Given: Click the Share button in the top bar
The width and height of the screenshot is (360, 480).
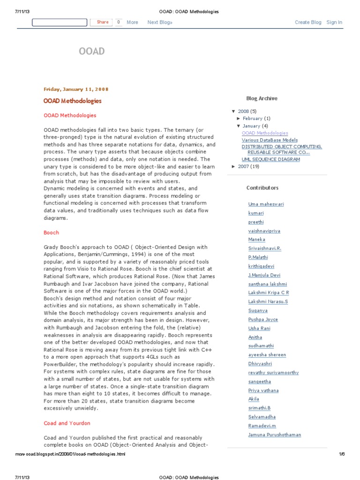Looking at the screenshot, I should tap(102, 22).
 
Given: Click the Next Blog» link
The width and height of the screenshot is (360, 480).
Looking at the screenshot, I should tap(160, 22).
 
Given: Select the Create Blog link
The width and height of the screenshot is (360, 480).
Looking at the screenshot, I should tap(308, 22).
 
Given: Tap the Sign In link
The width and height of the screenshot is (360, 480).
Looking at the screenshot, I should tap(334, 22).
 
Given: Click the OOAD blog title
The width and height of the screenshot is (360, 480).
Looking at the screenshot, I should tap(91, 52).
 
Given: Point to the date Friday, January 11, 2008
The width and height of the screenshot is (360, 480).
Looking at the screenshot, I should tap(76, 89).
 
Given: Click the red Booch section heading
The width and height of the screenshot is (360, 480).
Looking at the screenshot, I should tap(52, 232).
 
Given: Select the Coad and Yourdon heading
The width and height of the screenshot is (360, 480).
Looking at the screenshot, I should tap(67, 423).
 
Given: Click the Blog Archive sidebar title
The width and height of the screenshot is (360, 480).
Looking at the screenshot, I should tap(262, 98).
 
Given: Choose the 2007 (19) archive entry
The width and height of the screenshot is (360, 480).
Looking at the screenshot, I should tap(248, 166).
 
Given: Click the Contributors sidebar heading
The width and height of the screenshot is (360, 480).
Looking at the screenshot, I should tap(262, 188).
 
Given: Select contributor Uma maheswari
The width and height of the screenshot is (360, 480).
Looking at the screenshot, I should tap(266, 204).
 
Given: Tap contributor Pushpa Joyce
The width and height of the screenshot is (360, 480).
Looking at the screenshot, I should tap(263, 320).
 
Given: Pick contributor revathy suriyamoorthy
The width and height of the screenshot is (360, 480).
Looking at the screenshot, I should tap(273, 373).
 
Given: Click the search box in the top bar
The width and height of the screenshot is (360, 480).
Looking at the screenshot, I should tap(59, 22).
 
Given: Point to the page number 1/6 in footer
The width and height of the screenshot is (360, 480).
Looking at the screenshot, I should tap(341, 454).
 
